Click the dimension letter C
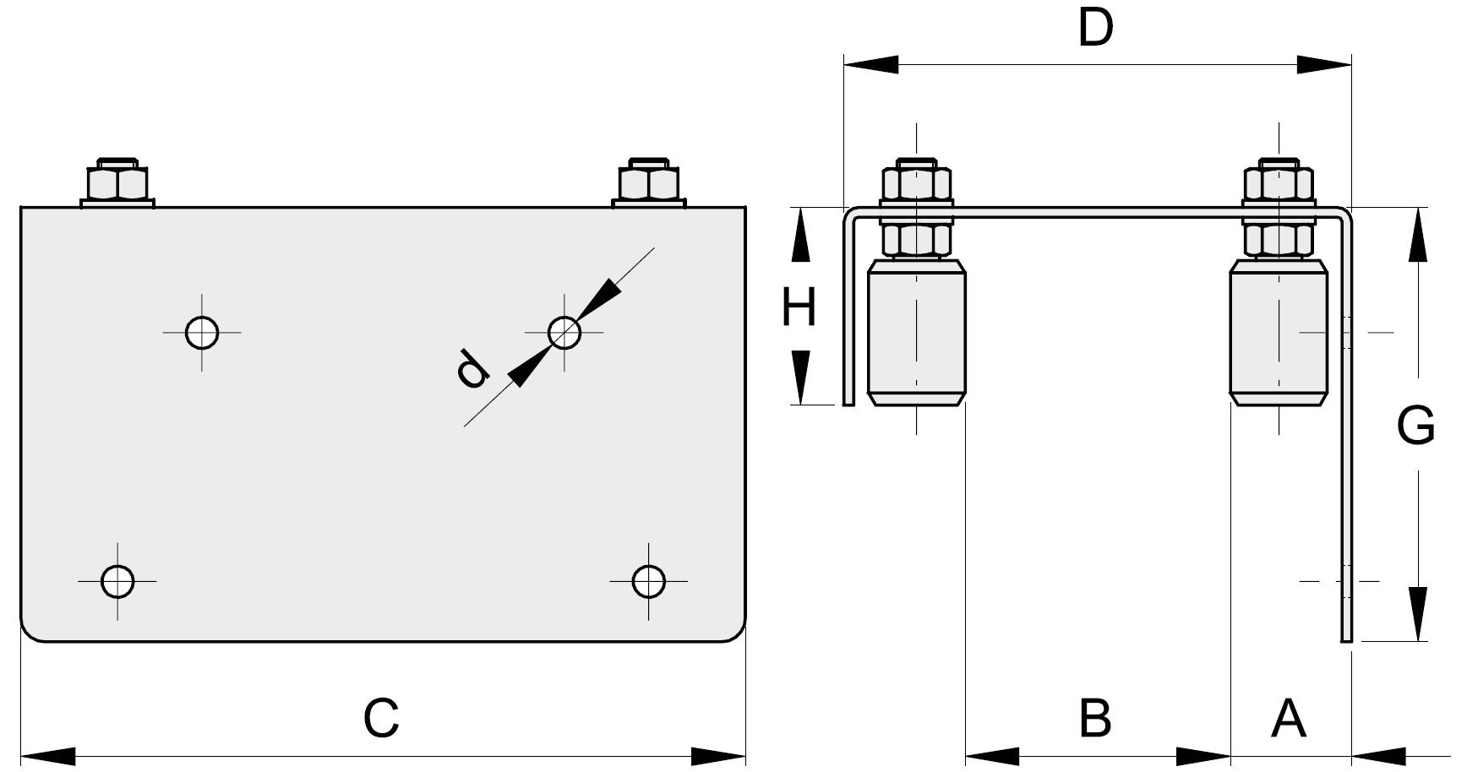coord(381,718)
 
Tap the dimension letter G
coord(1415,425)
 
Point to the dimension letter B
coord(1095,718)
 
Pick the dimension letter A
coord(1289,718)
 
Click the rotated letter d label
coord(472,369)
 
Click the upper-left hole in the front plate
coord(203,332)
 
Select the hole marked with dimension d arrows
coord(564,332)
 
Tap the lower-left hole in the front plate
coord(117,581)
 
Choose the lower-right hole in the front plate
coord(648,581)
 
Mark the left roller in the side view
coord(917,334)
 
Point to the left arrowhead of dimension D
coord(870,63)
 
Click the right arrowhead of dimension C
coord(719,754)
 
